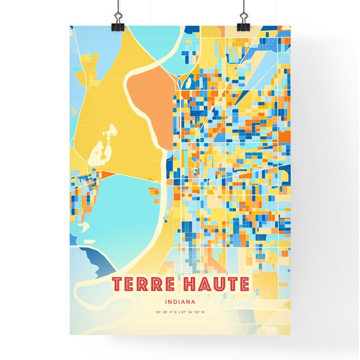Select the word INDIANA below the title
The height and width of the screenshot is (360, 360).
180,302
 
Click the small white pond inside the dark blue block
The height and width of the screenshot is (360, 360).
186,85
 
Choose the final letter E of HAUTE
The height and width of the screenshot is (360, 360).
242,284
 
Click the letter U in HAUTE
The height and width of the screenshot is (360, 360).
217,284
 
